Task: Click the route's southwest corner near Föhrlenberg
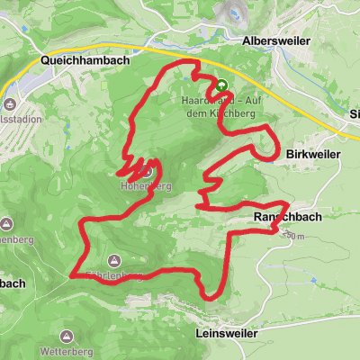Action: [74, 273]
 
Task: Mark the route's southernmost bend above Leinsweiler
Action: [209, 295]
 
